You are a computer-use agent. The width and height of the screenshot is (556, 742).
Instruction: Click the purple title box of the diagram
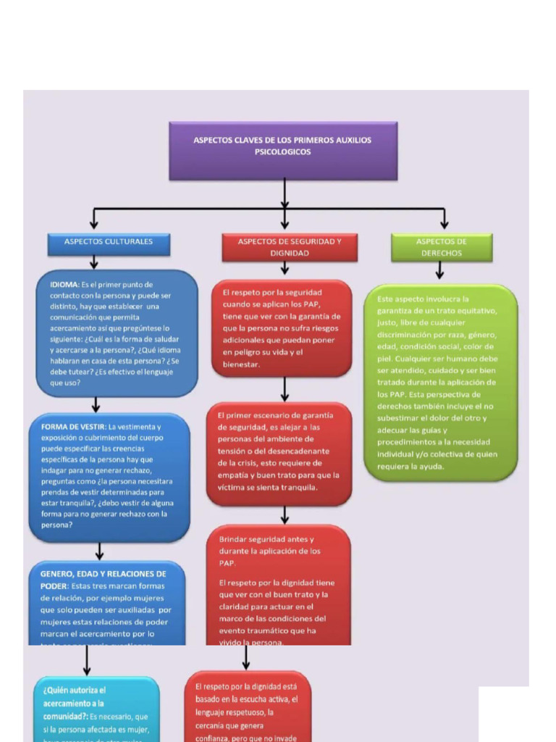point(283,151)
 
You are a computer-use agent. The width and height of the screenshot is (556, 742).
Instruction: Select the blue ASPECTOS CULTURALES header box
point(109,243)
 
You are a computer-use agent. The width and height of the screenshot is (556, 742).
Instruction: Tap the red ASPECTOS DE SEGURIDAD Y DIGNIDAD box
point(289,248)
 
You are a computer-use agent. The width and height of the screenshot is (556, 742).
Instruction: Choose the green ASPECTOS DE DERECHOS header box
point(441,248)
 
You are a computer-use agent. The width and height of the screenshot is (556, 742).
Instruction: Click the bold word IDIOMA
point(64,285)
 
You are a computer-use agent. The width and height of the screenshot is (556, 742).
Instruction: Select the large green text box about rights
point(440,382)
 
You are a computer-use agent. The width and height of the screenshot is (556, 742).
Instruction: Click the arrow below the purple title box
point(285,193)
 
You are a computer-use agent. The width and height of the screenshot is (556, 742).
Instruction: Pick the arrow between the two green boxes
point(439,271)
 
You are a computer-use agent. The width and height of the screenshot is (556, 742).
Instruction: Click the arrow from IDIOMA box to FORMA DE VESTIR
point(96,404)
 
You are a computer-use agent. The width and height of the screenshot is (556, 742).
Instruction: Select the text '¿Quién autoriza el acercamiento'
point(75,697)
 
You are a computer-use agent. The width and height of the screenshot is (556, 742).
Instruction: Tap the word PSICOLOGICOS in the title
point(282,152)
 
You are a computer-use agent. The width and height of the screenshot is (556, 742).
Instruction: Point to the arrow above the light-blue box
point(87,659)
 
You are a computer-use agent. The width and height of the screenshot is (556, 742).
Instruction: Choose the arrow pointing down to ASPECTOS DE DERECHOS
point(444,220)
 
